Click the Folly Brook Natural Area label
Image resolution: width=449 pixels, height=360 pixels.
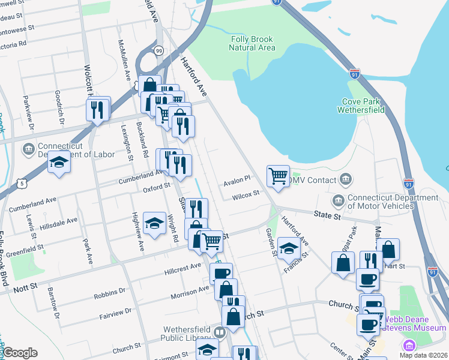coord(253,43)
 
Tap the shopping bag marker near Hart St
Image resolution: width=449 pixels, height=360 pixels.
coord(388,249)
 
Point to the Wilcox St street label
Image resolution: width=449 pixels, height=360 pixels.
coord(246,194)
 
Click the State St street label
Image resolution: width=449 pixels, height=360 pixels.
coord(327,214)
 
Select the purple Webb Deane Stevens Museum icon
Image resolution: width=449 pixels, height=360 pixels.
coord(409,346)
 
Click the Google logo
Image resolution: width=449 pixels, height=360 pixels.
coord(20,353)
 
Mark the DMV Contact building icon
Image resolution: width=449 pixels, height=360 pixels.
coord(345,179)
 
